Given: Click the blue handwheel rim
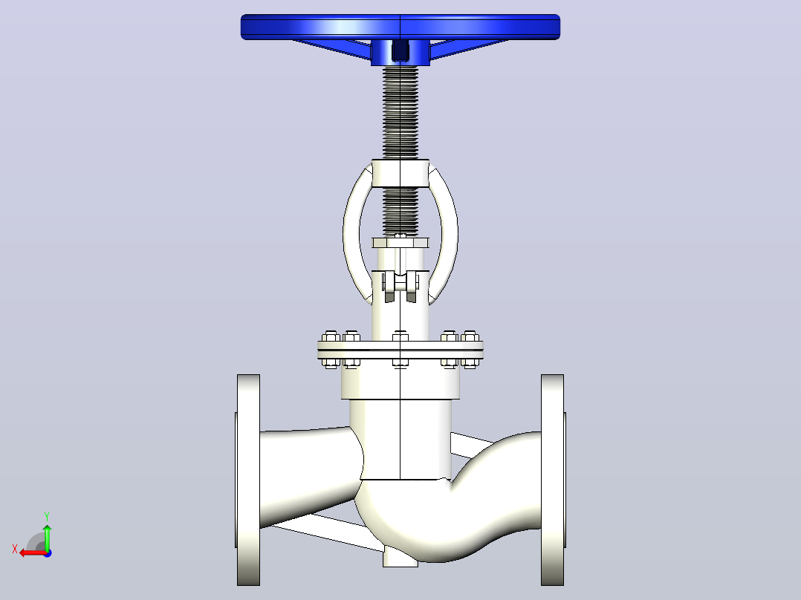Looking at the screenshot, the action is (400, 27).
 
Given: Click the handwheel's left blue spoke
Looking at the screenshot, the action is (332, 48).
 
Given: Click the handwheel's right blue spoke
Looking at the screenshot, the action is (469, 48).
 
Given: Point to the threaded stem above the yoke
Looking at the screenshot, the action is (400, 112).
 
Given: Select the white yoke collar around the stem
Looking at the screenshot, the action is (400, 173).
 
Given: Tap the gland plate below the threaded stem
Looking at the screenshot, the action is (400, 243).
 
